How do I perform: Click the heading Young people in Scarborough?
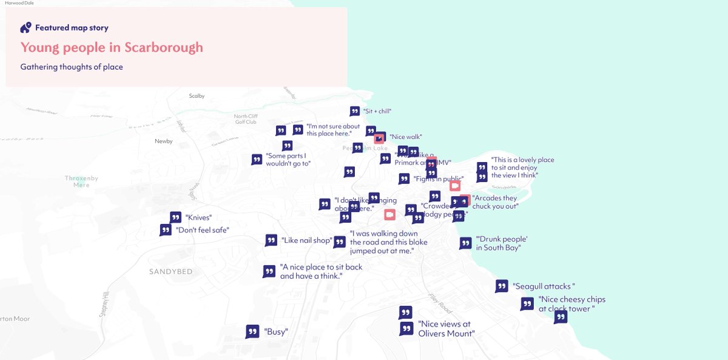point(112,47)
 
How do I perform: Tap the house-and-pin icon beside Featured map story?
point(25,27)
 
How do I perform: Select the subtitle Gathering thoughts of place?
point(72,67)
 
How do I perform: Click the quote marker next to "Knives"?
point(175,217)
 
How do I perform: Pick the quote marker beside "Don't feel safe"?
point(166,230)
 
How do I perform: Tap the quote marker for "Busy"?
point(252,331)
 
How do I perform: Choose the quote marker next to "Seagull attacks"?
point(502,286)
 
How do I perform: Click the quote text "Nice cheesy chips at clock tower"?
point(571,304)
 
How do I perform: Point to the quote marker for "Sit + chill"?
point(355,111)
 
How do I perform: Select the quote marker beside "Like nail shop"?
point(271,240)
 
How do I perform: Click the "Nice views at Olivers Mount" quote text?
point(446,328)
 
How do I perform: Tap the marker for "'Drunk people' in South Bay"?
point(465,243)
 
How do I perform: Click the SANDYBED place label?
point(170,272)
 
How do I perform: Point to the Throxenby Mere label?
point(81,182)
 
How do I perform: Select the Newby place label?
point(164,141)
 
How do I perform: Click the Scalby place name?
point(197,96)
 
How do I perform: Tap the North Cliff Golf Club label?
point(246,119)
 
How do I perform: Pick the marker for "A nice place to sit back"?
point(269,271)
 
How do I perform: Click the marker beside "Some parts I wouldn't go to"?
point(257,160)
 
